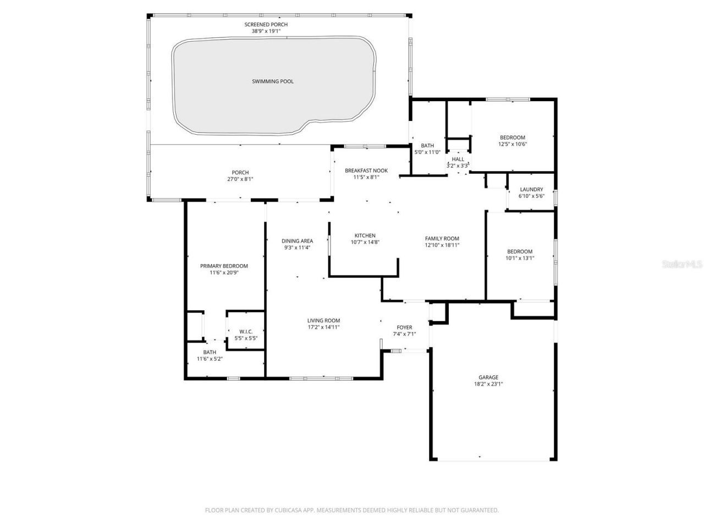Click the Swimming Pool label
tap(273, 81)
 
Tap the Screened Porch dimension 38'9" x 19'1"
tap(266, 32)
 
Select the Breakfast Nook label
tap(366, 170)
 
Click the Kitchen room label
tap(365, 235)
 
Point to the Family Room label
tap(442, 239)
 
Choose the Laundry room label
tap(531, 190)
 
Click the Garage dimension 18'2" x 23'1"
tap(488, 384)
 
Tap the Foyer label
tap(404, 327)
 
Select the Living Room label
tap(323, 321)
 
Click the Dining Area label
tap(298, 241)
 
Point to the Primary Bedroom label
tap(224, 266)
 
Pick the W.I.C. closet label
tap(246, 331)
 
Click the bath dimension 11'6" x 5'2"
tap(210, 359)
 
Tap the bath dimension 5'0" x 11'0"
tap(428, 152)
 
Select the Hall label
tap(458, 159)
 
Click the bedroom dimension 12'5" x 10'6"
tap(512, 144)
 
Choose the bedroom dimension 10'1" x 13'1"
tap(520, 258)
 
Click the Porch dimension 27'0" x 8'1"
tap(240, 179)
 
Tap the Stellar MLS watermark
tap(682, 265)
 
